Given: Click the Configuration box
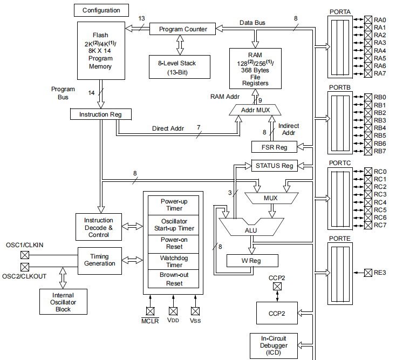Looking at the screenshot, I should coord(101,10).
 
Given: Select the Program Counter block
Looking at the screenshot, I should coord(182,29).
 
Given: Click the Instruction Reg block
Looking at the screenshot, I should coord(101,114).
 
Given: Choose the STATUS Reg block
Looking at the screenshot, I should coord(274,165).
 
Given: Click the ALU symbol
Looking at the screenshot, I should coord(251,229).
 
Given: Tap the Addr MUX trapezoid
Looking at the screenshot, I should coord(255,110).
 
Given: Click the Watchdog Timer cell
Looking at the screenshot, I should coord(174,262).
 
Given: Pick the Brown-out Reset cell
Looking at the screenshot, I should coord(174,279).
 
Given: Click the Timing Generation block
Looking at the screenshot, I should coord(99,260).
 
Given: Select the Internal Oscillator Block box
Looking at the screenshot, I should coord(63,302).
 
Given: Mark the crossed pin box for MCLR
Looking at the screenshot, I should coord(151,311).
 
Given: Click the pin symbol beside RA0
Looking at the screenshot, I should coord(368,19).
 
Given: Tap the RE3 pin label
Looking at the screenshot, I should coord(380,273).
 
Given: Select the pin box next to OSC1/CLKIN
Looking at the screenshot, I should coord(25,255).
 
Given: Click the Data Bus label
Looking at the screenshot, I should coord(253,22).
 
